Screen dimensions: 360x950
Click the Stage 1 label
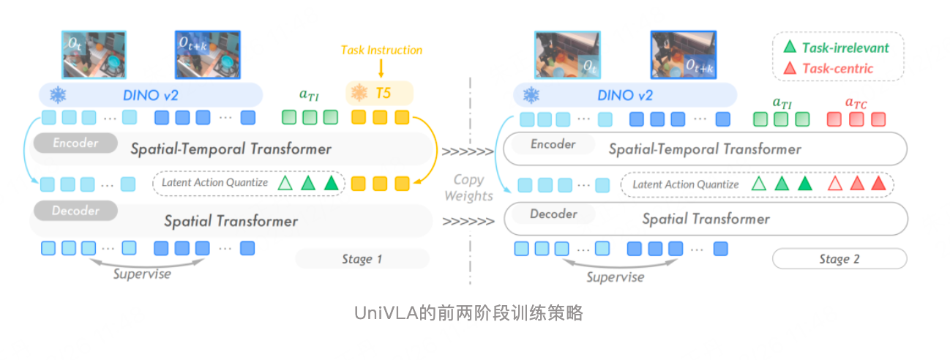[362, 259]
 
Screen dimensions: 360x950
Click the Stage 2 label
[839, 259]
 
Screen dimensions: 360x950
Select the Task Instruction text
[381, 50]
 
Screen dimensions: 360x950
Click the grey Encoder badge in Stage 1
[75, 143]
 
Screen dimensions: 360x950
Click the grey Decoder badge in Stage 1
[75, 211]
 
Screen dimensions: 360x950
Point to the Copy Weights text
[468, 187]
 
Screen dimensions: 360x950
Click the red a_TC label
[856, 103]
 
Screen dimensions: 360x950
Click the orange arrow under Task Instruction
[381, 69]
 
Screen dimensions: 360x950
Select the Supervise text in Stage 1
[142, 274]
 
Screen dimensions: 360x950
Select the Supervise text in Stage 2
[616, 277]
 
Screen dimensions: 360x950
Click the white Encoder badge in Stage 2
[553, 144]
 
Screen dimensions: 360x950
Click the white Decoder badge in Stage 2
[553, 214]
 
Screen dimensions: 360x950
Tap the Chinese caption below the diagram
[469, 313]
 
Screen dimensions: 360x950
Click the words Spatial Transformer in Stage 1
[231, 220]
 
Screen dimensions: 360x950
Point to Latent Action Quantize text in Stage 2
[685, 184]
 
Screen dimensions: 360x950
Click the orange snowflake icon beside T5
[359, 94]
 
